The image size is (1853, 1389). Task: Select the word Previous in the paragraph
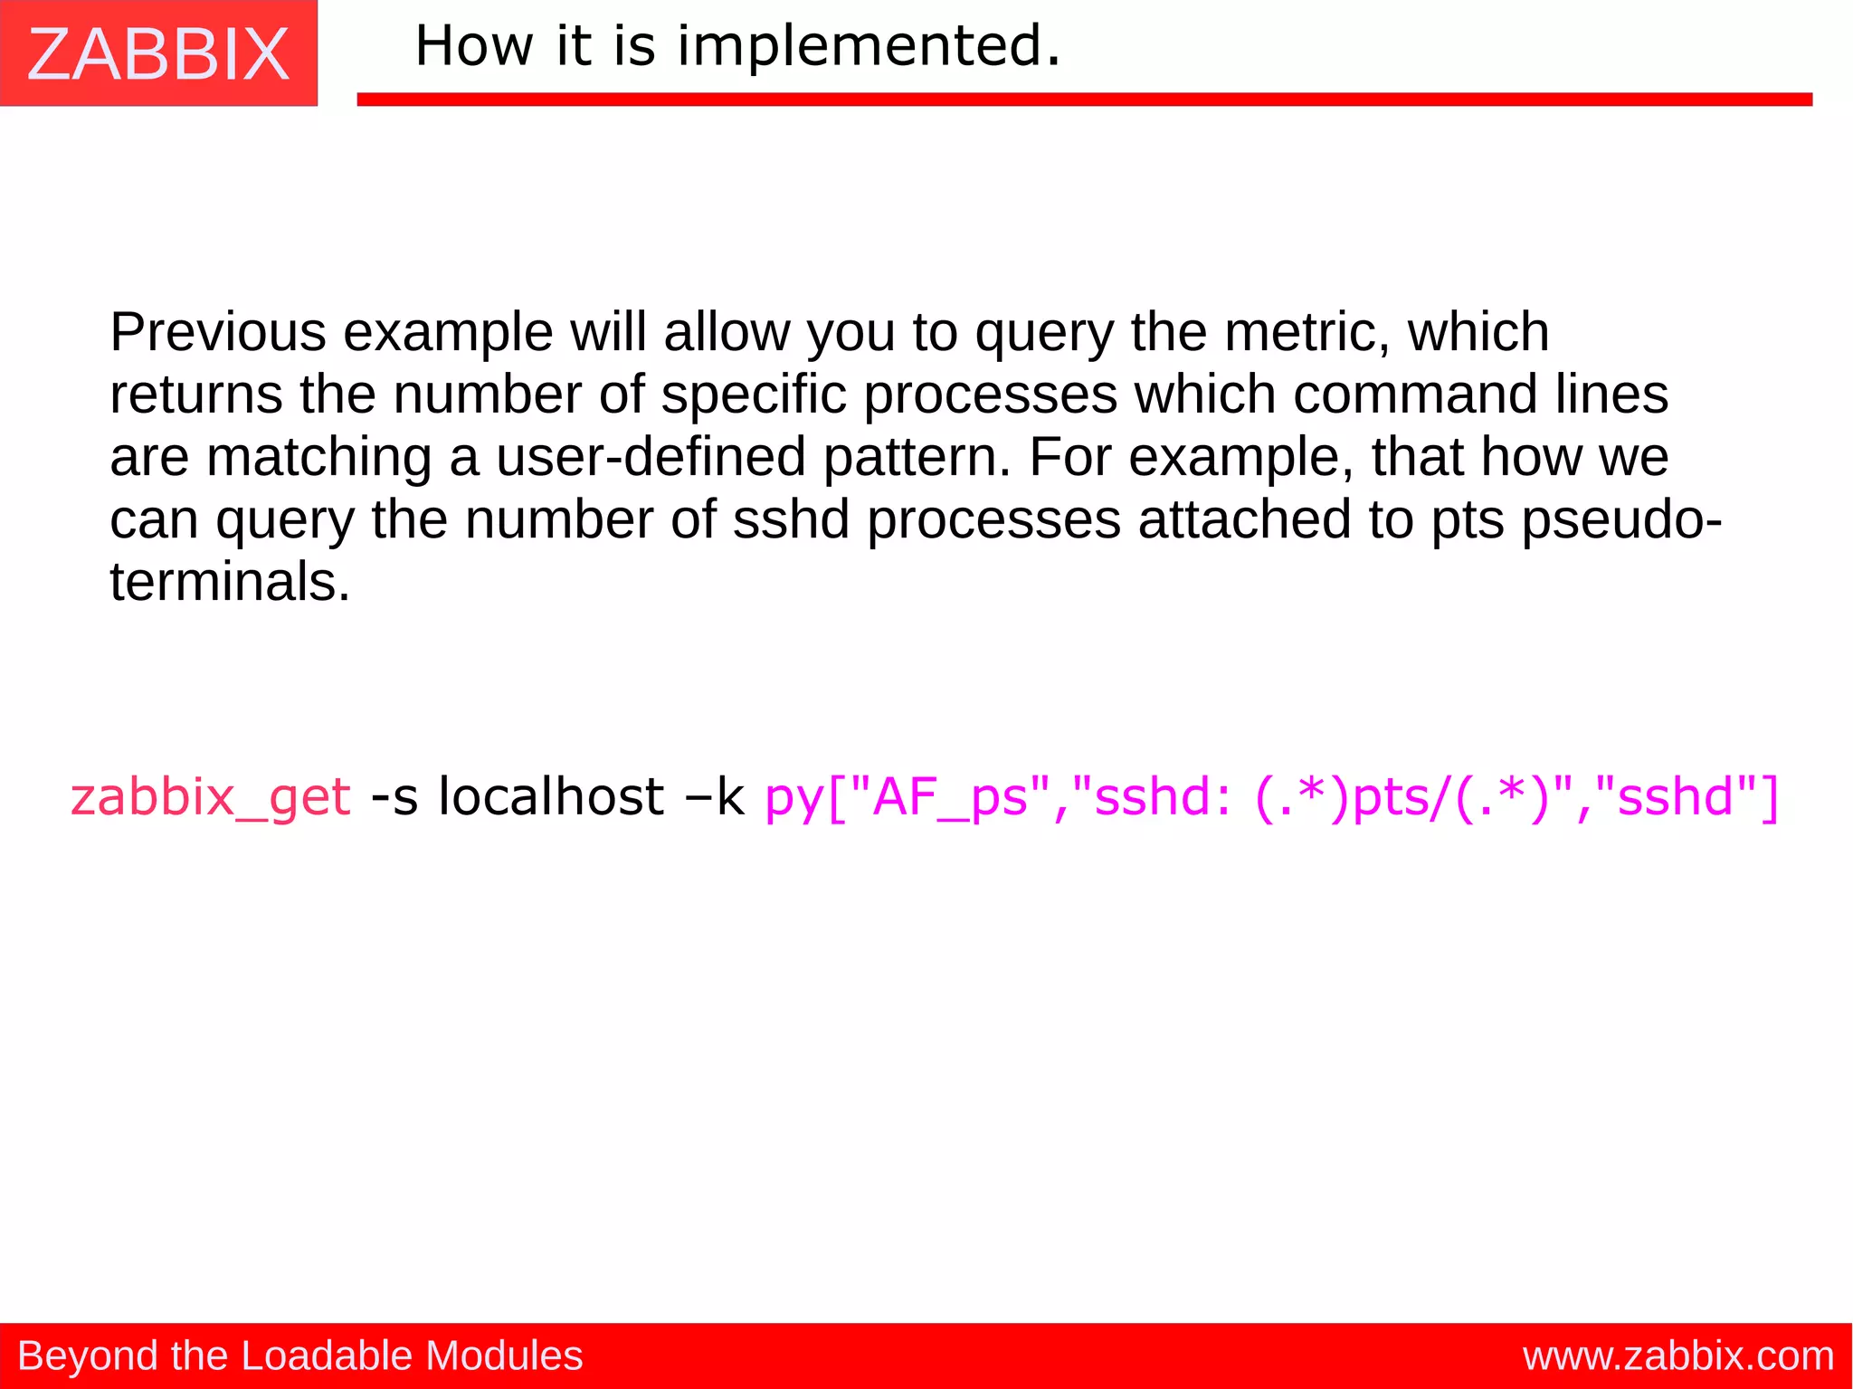point(217,332)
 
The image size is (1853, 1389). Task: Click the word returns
point(195,395)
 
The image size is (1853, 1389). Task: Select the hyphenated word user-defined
point(651,457)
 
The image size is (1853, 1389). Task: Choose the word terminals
point(229,582)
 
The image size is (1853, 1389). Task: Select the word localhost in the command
point(551,796)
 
